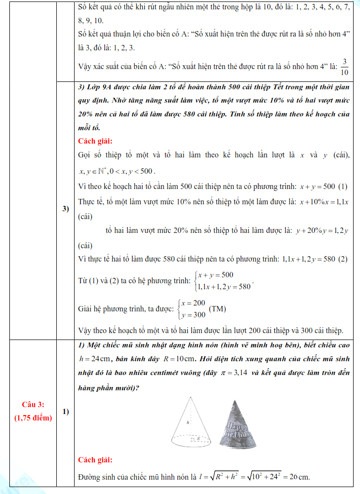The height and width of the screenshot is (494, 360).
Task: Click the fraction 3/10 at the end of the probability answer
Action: (x=344, y=67)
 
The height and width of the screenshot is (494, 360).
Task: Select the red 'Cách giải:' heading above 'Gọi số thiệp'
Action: (x=95, y=141)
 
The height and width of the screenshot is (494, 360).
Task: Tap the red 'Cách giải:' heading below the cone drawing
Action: (x=95, y=460)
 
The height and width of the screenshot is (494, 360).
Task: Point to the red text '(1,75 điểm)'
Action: (x=32, y=418)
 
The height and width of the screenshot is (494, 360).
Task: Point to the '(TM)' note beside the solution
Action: (x=218, y=309)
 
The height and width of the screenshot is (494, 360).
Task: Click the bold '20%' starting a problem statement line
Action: (x=86, y=114)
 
